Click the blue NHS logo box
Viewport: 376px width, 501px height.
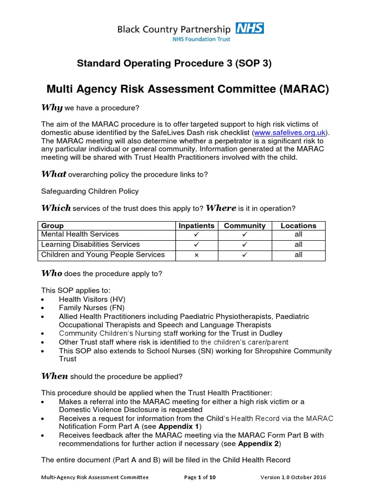[250, 28]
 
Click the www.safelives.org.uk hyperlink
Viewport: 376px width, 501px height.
[290, 133]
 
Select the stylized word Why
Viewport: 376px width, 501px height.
[51, 108]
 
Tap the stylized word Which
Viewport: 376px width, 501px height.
[55, 208]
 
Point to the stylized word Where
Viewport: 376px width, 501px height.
[221, 208]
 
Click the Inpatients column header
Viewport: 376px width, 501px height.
[196, 226]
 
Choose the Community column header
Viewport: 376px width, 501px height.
[245, 226]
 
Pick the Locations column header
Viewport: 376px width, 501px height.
[298, 226]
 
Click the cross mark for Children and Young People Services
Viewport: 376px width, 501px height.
[196, 255]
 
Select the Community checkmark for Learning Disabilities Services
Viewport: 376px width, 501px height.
[245, 245]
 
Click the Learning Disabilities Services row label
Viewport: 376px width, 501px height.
[91, 244]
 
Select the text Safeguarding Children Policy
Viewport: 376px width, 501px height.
[90, 191]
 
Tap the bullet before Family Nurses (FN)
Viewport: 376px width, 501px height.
[44, 308]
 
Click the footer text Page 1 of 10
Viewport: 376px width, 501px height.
[200, 478]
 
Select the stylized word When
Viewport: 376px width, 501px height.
[55, 376]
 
